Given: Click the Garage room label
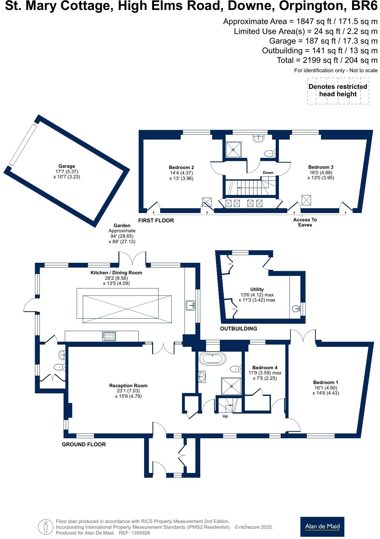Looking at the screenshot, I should tap(66, 166).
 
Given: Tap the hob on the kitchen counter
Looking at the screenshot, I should tap(109, 336).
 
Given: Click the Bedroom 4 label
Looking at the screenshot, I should tap(265, 367).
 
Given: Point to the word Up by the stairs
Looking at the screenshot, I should tap(225, 416).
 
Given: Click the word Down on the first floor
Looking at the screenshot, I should tap(268, 173).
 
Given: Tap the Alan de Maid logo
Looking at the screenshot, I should tap(322, 526).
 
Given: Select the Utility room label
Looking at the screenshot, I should tap(257, 289).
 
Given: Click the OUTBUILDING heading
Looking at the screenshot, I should tap(238, 329).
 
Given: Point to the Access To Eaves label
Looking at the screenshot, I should tap(305, 222).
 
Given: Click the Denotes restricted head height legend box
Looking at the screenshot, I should tap(338, 90).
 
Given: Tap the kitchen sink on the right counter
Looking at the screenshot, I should tap(190, 305).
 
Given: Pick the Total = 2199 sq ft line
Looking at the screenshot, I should tap(327, 60).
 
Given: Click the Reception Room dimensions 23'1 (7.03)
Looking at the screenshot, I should tap(128, 391).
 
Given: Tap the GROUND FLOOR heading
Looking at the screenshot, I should tap(84, 444).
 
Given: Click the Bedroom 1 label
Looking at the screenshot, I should tap(325, 382).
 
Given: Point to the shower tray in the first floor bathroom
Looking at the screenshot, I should tap(234, 150).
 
